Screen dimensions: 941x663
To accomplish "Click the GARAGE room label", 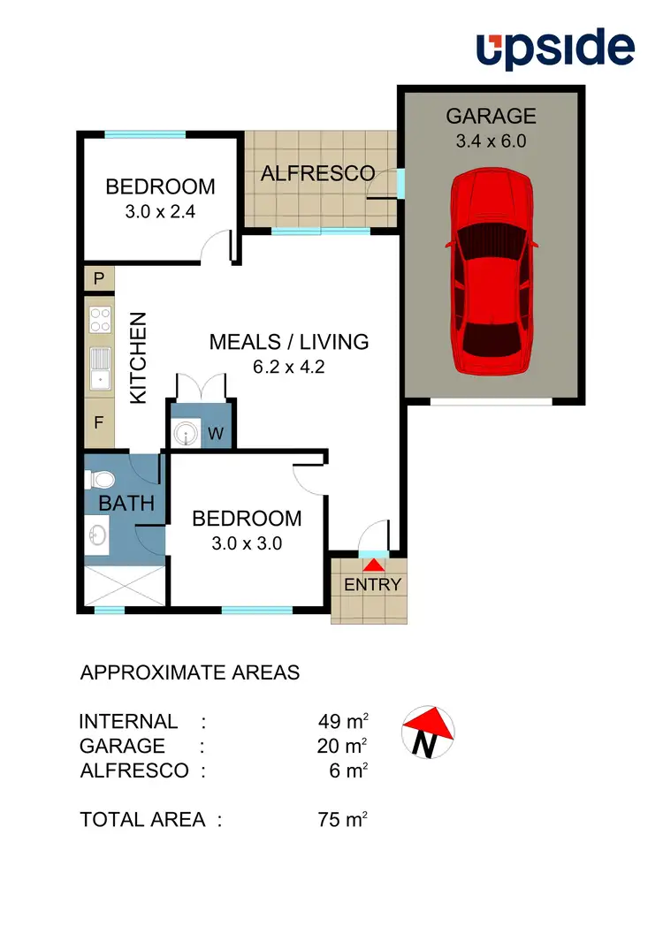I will tap(491, 116).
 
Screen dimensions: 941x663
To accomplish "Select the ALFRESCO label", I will tap(317, 173).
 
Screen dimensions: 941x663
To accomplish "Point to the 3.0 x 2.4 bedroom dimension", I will tap(160, 212).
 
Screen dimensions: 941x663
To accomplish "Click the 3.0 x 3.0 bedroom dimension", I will tap(247, 543).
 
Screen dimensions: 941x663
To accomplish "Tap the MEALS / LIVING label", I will tap(288, 342).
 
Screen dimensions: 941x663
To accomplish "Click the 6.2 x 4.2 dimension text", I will tap(288, 368).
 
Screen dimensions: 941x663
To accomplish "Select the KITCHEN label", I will tap(139, 359).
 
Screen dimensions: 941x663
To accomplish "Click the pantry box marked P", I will tap(99, 279).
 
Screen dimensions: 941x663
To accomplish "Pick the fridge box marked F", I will tap(99, 421).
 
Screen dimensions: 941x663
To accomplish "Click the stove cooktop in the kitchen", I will tap(99, 318).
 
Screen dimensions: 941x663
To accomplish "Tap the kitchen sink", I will tap(99, 368).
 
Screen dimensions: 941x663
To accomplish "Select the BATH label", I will tap(126, 504).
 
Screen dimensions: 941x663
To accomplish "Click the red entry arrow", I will tap(375, 565).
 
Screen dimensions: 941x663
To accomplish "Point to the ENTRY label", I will tap(372, 584).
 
